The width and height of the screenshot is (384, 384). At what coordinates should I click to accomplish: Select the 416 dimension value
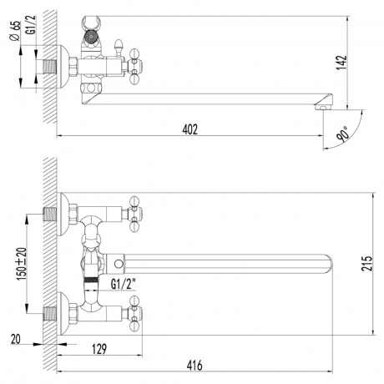(x=194, y=364)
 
